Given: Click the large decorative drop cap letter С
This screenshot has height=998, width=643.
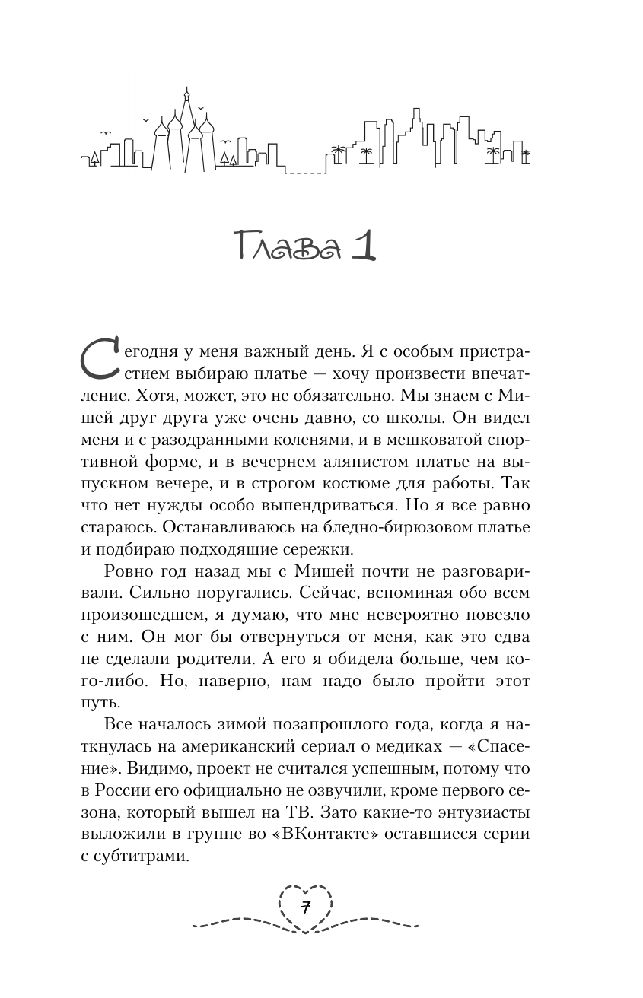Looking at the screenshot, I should click(100, 359).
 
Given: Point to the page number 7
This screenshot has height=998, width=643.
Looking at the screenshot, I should click(305, 907).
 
